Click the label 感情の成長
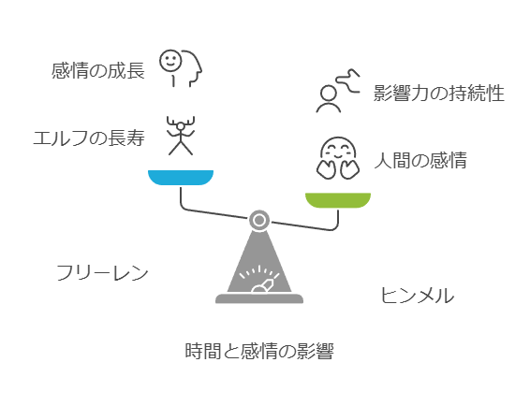[x=98, y=70]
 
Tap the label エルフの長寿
[x=89, y=138]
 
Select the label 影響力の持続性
[x=439, y=94]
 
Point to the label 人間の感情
[x=420, y=160]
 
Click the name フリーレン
[x=102, y=273]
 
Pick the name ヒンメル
[x=418, y=296]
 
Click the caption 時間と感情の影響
[x=259, y=351]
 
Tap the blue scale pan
[x=181, y=178]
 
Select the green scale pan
[x=338, y=200]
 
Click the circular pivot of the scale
[x=259, y=221]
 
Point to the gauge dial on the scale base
[x=259, y=280]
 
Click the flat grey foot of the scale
[x=259, y=298]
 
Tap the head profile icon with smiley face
[x=181, y=68]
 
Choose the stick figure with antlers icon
[x=181, y=136]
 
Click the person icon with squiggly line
[x=338, y=90]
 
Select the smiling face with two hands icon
[x=338, y=158]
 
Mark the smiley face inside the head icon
[x=170, y=61]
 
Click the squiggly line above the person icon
[x=348, y=80]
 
